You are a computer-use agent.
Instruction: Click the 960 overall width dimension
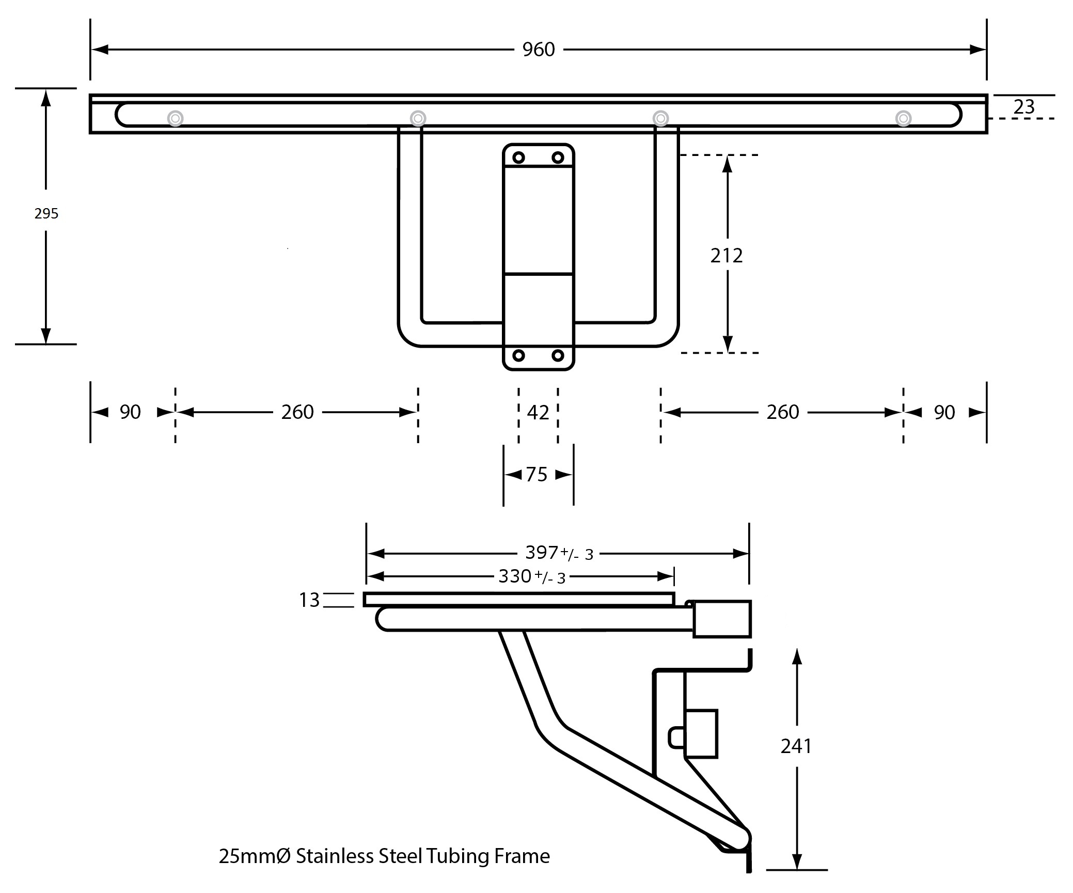click(538, 50)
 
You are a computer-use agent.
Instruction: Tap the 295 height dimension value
click(46, 213)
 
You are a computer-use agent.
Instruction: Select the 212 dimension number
click(726, 256)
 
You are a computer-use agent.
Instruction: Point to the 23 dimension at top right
click(1024, 107)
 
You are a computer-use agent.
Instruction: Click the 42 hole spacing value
click(538, 413)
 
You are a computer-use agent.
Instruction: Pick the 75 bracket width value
click(536, 475)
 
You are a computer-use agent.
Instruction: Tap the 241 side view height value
click(796, 746)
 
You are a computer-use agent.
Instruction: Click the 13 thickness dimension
click(309, 600)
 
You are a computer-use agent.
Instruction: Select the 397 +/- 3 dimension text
click(559, 553)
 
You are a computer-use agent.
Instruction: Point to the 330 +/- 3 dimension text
click(532, 576)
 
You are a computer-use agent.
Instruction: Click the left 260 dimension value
click(297, 412)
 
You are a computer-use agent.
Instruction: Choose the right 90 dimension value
click(944, 413)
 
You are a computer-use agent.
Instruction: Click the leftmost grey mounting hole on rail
click(176, 119)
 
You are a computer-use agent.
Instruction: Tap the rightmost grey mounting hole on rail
click(903, 118)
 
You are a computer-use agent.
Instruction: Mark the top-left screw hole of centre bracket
click(518, 158)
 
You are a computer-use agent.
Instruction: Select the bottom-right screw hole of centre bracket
click(558, 355)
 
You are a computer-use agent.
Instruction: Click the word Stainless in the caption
click(335, 856)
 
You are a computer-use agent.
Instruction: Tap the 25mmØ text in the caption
click(255, 856)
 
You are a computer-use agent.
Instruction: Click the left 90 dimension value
click(130, 412)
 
